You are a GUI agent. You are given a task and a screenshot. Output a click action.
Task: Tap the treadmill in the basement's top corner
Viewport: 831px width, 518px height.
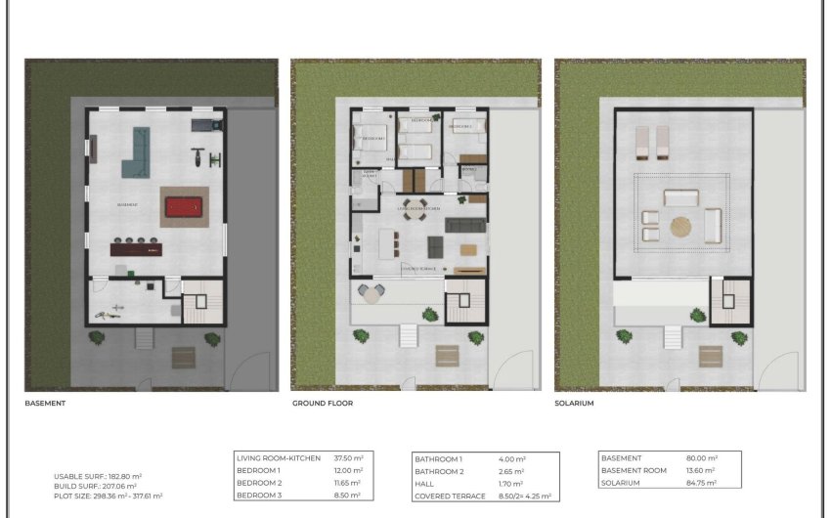pos(202,125)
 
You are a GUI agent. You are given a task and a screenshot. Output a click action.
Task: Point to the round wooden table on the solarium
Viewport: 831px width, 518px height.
pos(679,227)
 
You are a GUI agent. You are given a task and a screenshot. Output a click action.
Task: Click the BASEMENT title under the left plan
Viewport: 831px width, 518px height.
pos(45,403)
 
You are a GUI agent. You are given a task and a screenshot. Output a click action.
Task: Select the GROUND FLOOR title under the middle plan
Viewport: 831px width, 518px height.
pos(322,403)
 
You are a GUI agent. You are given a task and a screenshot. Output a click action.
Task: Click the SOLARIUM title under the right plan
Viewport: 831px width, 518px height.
pos(574,403)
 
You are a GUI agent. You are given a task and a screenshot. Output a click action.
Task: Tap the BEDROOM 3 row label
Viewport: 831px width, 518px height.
pos(260,496)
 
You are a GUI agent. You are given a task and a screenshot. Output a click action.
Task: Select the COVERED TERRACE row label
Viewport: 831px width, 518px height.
pos(450,496)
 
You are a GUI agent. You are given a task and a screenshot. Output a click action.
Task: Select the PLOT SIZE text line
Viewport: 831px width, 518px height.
pos(108,496)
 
